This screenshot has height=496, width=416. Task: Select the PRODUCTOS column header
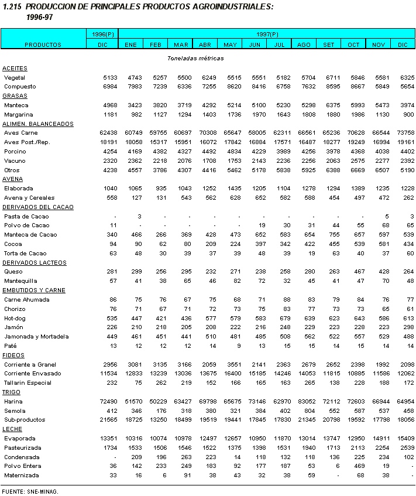pos(43,45)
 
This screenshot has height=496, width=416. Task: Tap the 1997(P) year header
pos(266,35)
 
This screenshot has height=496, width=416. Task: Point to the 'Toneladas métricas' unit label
pos(195,58)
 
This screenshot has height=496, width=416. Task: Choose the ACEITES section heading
pos(15,69)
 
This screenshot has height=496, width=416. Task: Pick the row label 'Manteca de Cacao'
pos(30,235)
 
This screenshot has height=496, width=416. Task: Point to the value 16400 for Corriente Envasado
pos(230,373)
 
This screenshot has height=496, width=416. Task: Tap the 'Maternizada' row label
pos(21,475)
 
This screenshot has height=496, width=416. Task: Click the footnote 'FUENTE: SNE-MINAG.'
pos(30,492)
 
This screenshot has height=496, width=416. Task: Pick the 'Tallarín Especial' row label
pos(29,382)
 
